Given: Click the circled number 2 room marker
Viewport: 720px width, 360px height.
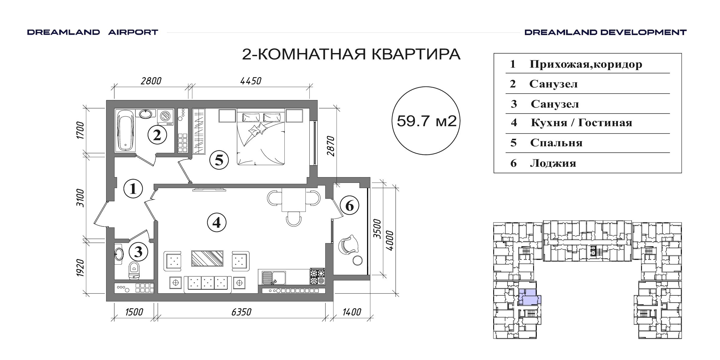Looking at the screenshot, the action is [157, 135].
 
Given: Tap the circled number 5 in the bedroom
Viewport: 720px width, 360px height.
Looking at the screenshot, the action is [219, 160].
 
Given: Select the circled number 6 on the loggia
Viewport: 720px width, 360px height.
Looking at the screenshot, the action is [349, 206].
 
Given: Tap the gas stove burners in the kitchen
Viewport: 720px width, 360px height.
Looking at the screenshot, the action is [318, 277].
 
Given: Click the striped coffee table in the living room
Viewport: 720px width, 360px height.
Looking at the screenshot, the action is [207, 258].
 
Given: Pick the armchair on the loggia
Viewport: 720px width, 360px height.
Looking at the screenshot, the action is [348, 244].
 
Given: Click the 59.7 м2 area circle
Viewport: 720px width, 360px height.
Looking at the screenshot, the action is [426, 121].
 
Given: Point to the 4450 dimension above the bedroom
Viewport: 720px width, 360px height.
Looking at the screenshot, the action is [251, 81].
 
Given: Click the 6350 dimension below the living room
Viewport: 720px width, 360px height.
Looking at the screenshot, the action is [241, 312].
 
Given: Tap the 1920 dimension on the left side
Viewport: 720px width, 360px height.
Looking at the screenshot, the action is [80, 268].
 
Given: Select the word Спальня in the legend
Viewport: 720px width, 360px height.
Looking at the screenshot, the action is [556, 143].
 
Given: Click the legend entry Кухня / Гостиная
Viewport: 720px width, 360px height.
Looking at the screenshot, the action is [581, 123].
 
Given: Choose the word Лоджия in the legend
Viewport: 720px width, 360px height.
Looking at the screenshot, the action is [553, 163].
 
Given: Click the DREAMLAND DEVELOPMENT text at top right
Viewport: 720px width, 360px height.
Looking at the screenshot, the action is [605, 32].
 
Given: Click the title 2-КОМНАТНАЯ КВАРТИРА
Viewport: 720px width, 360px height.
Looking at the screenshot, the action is [351, 55].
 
